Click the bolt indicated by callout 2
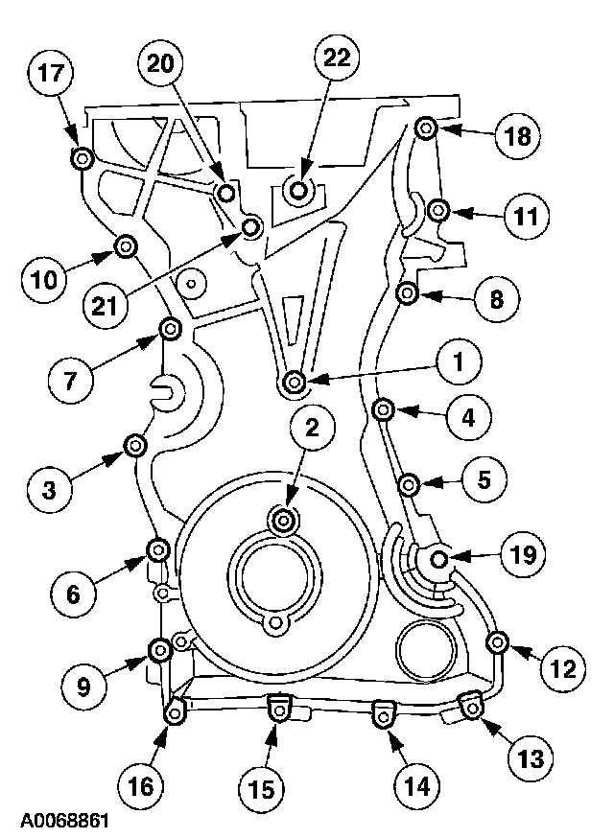284,520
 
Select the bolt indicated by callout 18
428,128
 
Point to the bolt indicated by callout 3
135,445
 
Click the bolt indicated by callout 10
126,248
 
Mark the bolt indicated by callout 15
275,710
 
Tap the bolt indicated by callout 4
383,409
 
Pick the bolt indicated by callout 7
170,331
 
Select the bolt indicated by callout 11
437,208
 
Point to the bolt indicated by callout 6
157,548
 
